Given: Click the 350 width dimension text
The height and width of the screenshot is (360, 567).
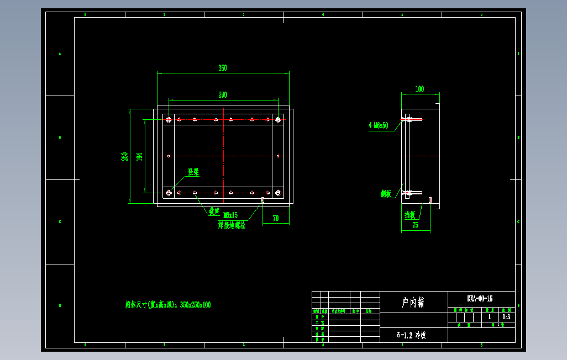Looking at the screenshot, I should coord(222,68).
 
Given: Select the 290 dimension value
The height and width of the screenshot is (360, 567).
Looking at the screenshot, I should coord(222,95).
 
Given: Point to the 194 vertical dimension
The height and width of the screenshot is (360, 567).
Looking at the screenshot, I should coord(139,156).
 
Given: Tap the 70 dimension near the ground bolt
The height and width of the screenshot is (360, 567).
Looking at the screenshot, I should coord(276,218).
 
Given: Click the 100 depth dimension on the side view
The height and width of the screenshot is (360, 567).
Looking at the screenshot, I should coord(419,88).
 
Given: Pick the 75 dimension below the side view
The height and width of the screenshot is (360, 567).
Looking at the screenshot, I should coord(415,225).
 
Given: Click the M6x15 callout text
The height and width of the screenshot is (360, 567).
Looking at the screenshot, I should coord(230,215).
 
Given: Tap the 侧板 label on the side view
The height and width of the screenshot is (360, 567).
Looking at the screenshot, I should coord(386,194).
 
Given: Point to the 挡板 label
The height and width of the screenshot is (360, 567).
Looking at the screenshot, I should coord(410,214).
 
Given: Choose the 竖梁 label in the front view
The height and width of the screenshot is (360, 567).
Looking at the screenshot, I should coord(193,172).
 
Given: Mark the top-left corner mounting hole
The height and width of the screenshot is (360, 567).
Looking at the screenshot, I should coord(169,119).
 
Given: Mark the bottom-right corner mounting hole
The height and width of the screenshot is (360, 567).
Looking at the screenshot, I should coord(277,193).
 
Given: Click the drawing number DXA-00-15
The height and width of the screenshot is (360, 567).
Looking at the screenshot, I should coord(480,299).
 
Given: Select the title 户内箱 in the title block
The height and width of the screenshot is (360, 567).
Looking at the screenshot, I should coord(413,302).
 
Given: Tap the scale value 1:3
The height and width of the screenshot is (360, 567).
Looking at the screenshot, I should coord(506,317).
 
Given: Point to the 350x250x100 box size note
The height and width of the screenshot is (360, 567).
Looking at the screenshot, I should coord(168,305).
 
